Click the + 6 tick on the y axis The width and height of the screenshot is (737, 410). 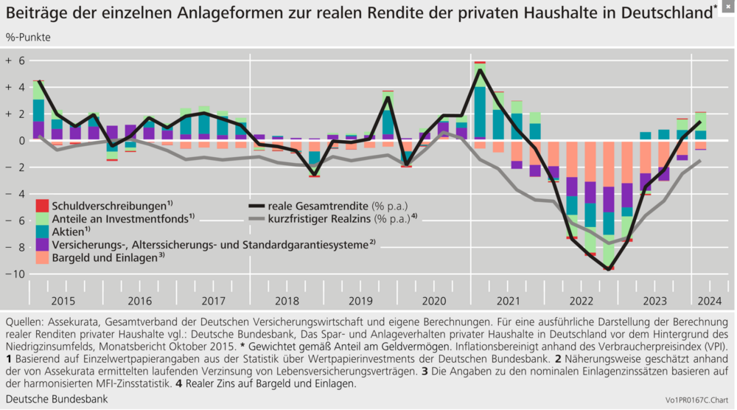point(15,60)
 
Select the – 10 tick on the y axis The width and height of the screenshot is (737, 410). point(15,274)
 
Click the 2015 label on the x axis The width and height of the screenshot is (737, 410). point(63,301)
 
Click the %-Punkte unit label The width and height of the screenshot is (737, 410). point(28,37)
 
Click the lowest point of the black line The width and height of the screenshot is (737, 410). point(609,269)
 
